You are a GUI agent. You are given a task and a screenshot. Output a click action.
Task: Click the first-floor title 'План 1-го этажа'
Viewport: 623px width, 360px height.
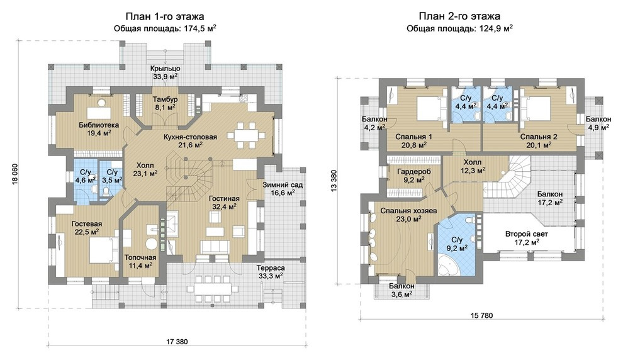click(x=165, y=16)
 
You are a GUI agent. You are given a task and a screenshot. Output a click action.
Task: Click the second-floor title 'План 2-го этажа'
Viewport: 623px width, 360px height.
click(x=459, y=16)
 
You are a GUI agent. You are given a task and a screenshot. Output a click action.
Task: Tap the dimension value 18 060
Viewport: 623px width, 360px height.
click(x=13, y=174)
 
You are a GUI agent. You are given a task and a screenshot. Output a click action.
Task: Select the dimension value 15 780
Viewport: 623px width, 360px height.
click(x=481, y=315)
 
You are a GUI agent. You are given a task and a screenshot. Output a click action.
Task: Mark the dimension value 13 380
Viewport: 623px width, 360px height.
click(x=334, y=181)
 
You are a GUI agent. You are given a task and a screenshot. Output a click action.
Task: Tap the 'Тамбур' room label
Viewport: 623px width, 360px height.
click(x=165, y=99)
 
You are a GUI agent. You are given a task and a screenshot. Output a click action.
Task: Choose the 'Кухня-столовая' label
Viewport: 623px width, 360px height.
click(x=190, y=137)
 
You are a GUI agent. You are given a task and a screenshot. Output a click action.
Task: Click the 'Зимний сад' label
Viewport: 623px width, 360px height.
click(x=283, y=185)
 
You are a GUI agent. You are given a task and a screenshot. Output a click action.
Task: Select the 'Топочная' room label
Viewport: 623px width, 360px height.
click(x=140, y=257)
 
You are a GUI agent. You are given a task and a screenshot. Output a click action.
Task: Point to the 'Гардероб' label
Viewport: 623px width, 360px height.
click(x=413, y=171)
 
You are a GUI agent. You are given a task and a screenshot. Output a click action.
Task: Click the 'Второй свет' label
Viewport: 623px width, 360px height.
click(x=527, y=233)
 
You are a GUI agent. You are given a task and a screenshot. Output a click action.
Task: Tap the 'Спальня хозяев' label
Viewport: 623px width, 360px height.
click(x=408, y=211)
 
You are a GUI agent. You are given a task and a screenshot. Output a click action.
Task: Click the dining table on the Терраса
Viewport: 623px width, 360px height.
click(x=211, y=288)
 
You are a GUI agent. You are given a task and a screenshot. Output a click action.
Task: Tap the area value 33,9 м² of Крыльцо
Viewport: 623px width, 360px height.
click(x=165, y=76)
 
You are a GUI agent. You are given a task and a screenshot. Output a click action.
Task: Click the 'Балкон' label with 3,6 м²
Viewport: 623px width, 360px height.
click(x=401, y=286)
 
